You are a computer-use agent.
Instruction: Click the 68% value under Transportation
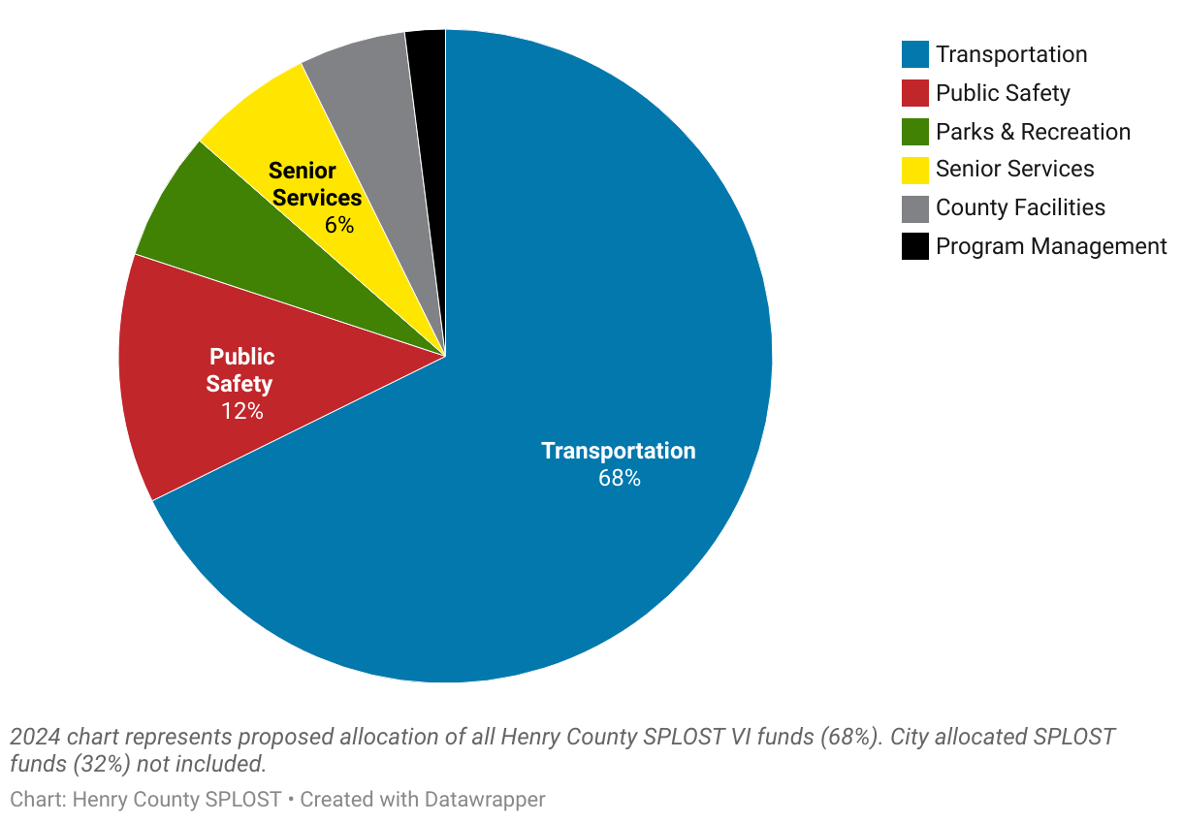point(619,478)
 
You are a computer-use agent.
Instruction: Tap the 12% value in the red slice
point(241,411)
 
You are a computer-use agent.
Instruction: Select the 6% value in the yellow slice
point(339,225)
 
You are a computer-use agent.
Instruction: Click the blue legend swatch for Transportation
point(914,54)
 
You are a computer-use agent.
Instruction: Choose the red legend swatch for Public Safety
point(914,93)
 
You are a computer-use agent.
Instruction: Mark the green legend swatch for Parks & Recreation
point(914,132)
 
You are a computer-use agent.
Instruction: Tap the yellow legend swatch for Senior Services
point(914,170)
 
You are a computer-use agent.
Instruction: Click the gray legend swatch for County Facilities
point(914,208)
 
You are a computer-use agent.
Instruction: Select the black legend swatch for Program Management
point(914,247)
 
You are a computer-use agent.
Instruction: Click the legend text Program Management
point(1051,246)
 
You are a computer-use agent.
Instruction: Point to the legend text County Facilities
point(1020,207)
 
